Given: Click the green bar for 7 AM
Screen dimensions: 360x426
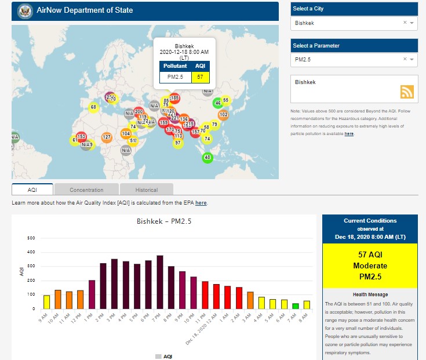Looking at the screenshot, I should click(x=296, y=306).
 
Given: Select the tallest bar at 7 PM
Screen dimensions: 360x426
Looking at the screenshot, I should click(x=160, y=282).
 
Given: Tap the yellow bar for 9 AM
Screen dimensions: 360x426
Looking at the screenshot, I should click(x=47, y=301).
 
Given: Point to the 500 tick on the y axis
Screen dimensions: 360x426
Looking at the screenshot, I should click(x=32, y=238).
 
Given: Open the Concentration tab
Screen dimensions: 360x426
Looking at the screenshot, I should click(x=86, y=190).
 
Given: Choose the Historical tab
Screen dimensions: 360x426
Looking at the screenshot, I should click(x=146, y=190).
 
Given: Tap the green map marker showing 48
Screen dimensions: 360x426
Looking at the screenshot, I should click(x=208, y=157).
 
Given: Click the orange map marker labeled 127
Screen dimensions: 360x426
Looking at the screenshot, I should click(x=107, y=137).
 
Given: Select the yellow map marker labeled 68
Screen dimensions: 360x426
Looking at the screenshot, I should click(x=93, y=107).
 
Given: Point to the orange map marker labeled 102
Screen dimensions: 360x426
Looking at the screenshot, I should click(x=223, y=115).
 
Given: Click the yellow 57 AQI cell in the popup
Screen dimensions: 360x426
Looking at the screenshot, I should click(x=200, y=77).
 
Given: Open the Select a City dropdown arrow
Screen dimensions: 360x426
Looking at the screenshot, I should click(x=412, y=23).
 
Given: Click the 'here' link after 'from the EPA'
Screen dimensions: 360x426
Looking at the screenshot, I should click(x=201, y=203).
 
